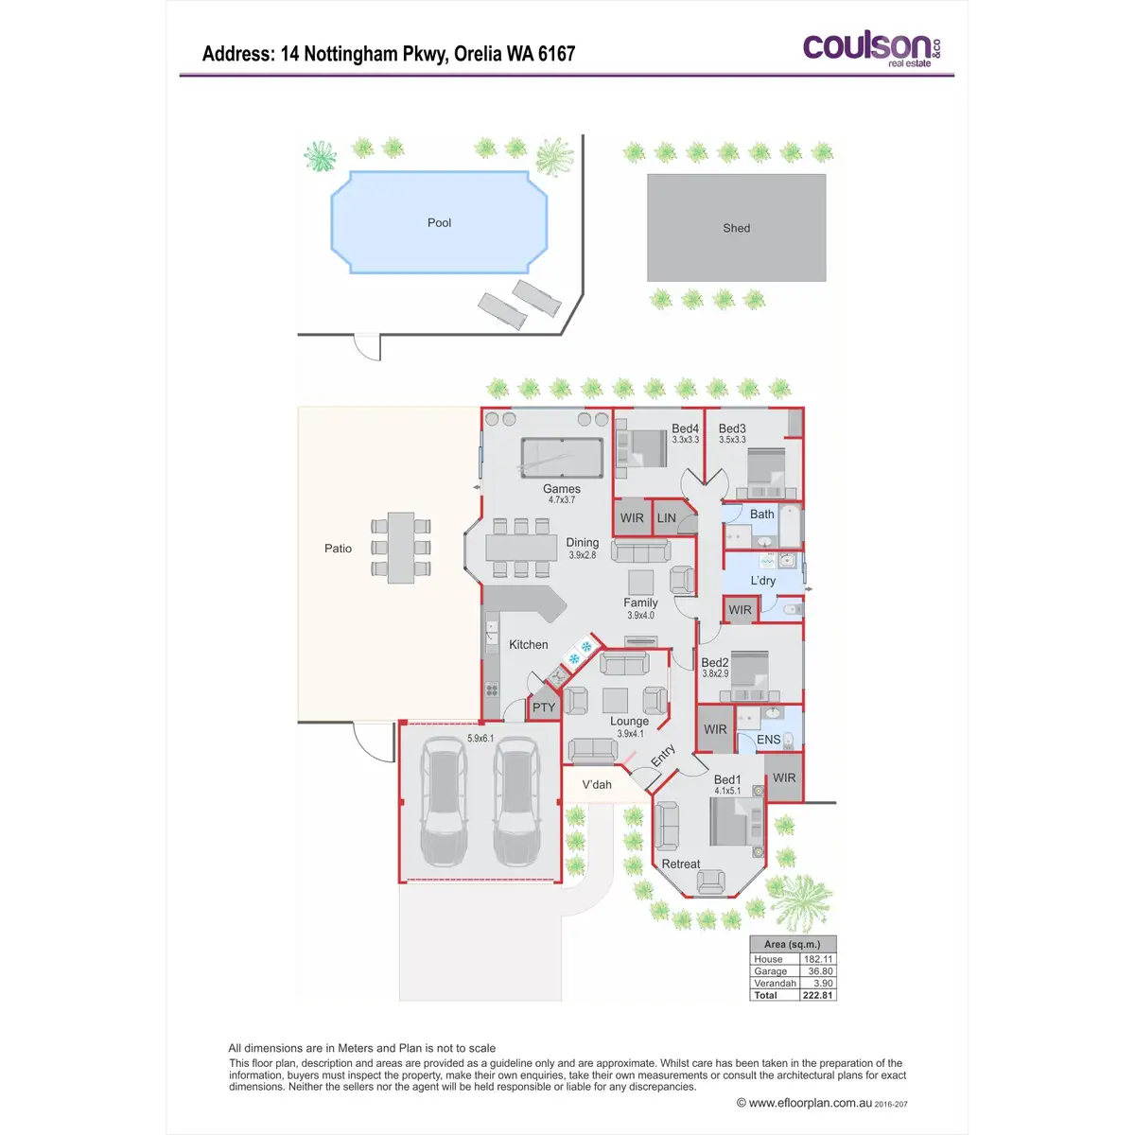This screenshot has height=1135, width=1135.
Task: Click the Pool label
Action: (439, 223)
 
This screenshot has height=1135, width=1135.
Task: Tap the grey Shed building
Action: (736, 228)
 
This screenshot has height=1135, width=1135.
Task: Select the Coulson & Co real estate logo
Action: (870, 48)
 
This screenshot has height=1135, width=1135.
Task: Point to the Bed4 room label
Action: (685, 429)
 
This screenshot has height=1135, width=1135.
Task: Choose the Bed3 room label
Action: (732, 429)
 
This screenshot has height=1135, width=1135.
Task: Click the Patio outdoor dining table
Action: (401, 548)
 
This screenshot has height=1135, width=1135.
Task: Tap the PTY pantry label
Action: (544, 707)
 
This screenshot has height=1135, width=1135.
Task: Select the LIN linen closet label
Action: (667, 518)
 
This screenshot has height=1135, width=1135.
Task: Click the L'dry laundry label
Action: (762, 581)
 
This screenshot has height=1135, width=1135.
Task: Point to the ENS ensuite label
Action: (768, 740)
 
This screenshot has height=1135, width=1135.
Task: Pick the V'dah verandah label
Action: (597, 785)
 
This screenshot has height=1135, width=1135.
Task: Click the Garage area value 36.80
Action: (819, 971)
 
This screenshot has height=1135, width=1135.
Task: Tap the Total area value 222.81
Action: (817, 995)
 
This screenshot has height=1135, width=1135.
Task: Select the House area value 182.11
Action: (818, 959)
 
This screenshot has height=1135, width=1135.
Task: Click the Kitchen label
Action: (528, 645)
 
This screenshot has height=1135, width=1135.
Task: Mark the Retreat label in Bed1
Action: (681, 864)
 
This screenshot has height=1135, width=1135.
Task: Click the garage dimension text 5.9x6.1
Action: (480, 739)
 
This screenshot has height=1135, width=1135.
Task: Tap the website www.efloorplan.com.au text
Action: (810, 1103)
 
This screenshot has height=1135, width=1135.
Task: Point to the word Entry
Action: (663, 755)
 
